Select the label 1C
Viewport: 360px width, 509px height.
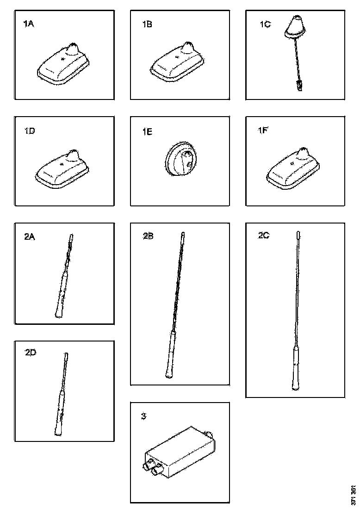(265, 25)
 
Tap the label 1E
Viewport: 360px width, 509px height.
(147, 132)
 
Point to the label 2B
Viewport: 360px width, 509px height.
(148, 236)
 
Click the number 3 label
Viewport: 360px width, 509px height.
(143, 416)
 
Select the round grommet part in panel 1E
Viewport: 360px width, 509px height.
(180, 160)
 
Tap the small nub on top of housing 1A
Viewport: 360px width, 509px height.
(74, 47)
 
